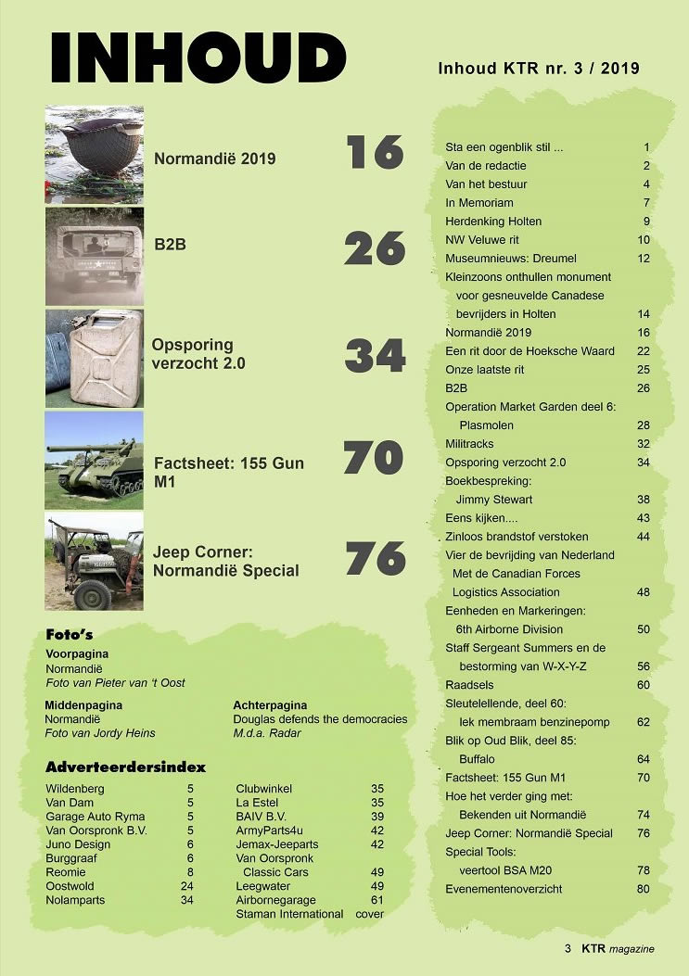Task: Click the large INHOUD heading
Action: (x=198, y=57)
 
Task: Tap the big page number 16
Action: (x=375, y=152)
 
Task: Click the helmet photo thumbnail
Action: (x=94, y=154)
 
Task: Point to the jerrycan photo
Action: (x=94, y=358)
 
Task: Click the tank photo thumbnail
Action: (x=94, y=461)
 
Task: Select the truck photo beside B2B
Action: (x=94, y=256)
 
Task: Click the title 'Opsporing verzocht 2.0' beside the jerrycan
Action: (x=199, y=354)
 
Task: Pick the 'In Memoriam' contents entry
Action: (x=478, y=203)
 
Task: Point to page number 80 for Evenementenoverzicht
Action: (x=643, y=889)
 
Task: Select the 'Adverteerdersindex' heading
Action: (x=125, y=767)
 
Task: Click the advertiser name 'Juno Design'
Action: (x=78, y=844)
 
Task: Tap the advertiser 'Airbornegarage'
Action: (x=275, y=900)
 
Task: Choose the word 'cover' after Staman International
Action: (x=369, y=914)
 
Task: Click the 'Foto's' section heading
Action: (x=72, y=635)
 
